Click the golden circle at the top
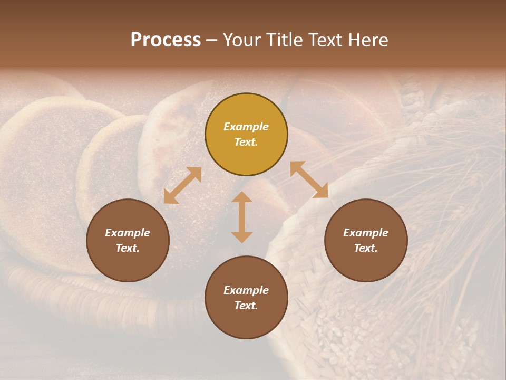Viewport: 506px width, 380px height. pyautogui.click(x=246, y=135)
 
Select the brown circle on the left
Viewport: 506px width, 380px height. pyautogui.click(x=128, y=240)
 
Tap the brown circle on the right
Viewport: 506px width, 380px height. pyautogui.click(x=366, y=240)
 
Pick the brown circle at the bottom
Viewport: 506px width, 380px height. pyautogui.click(x=246, y=298)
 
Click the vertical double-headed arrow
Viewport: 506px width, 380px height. pyautogui.click(x=242, y=217)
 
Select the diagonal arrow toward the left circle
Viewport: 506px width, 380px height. pyautogui.click(x=182, y=185)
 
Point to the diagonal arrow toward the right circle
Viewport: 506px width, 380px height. pyautogui.click(x=309, y=179)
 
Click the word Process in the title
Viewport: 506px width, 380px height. pyautogui.click(x=166, y=40)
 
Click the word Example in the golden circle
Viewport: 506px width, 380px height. pyautogui.click(x=246, y=127)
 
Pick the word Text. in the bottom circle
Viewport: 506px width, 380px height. pyautogui.click(x=246, y=306)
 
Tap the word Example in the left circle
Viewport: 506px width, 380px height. pyautogui.click(x=128, y=233)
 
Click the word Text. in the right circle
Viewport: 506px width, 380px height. pyautogui.click(x=366, y=248)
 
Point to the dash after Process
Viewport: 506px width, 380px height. pyautogui.click(x=212, y=41)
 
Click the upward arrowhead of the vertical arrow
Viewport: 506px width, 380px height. pyautogui.click(x=242, y=197)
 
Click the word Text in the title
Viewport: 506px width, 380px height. pyautogui.click(x=324, y=40)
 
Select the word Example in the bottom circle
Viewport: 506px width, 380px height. pyautogui.click(x=246, y=290)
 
